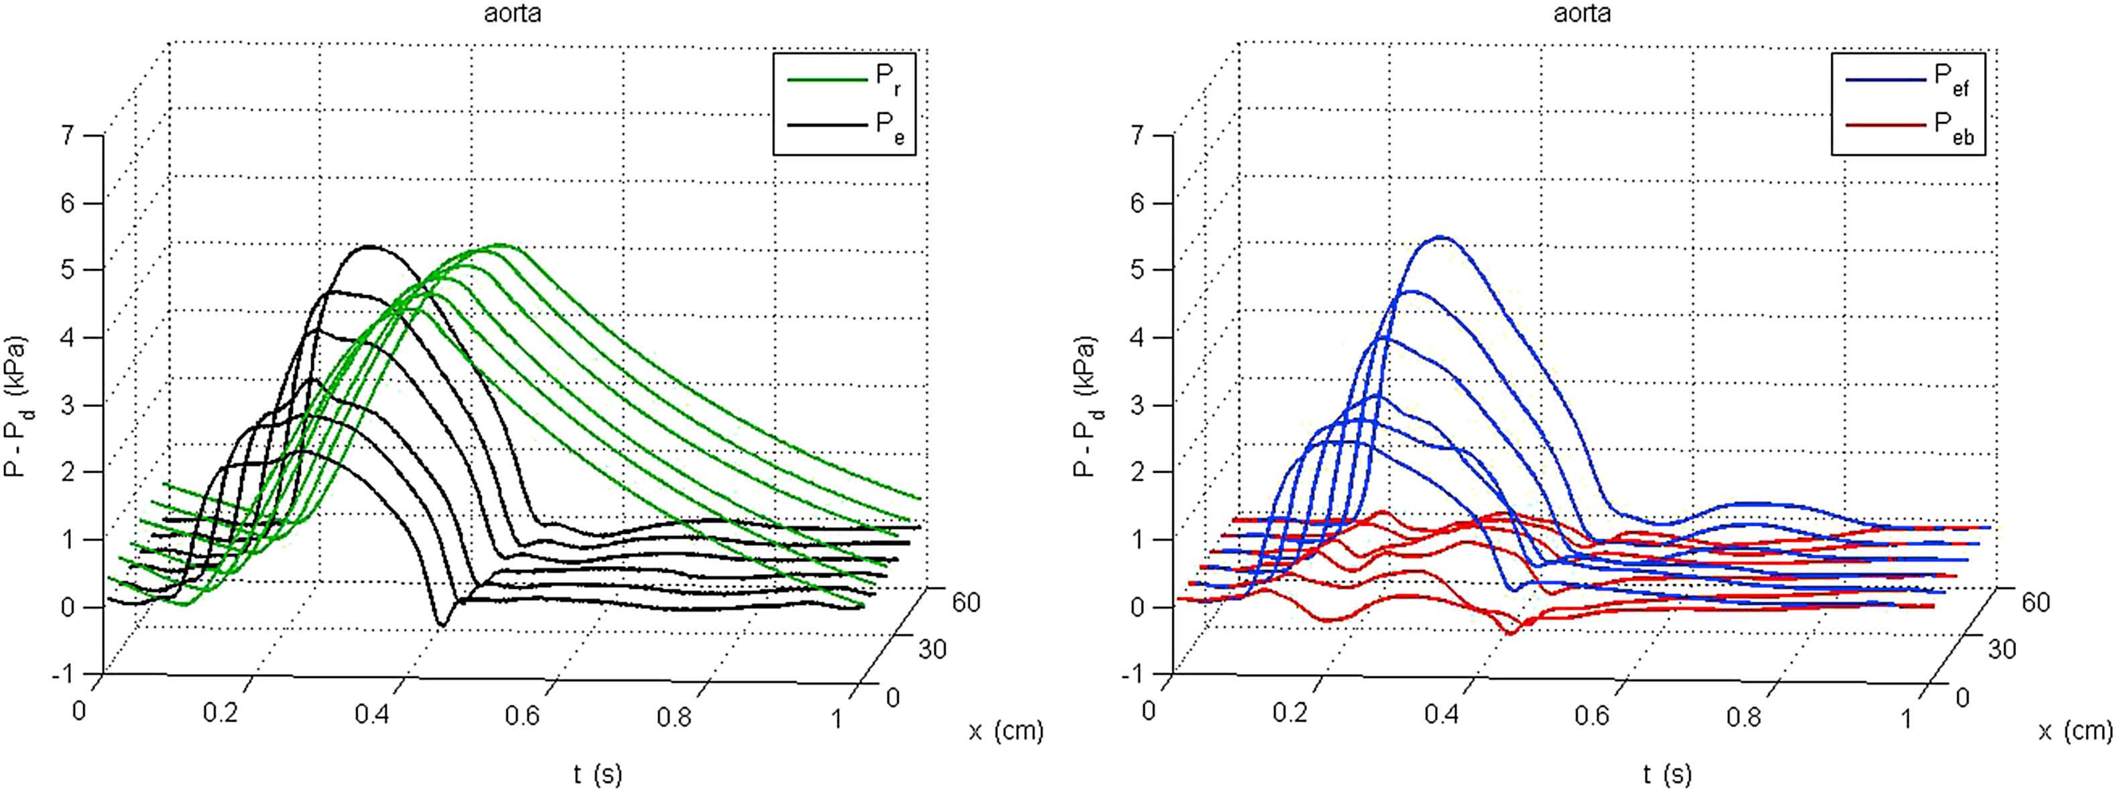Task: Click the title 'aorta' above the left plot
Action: [512, 13]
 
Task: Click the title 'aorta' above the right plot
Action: [1581, 13]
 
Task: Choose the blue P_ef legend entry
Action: [1908, 79]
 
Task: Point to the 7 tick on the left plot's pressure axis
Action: [68, 135]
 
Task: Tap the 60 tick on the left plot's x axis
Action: [966, 602]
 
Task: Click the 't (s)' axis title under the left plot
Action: [598, 774]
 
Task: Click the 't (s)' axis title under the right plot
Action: [1668, 774]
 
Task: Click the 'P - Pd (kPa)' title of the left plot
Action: [17, 406]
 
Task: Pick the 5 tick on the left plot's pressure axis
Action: [68, 270]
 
